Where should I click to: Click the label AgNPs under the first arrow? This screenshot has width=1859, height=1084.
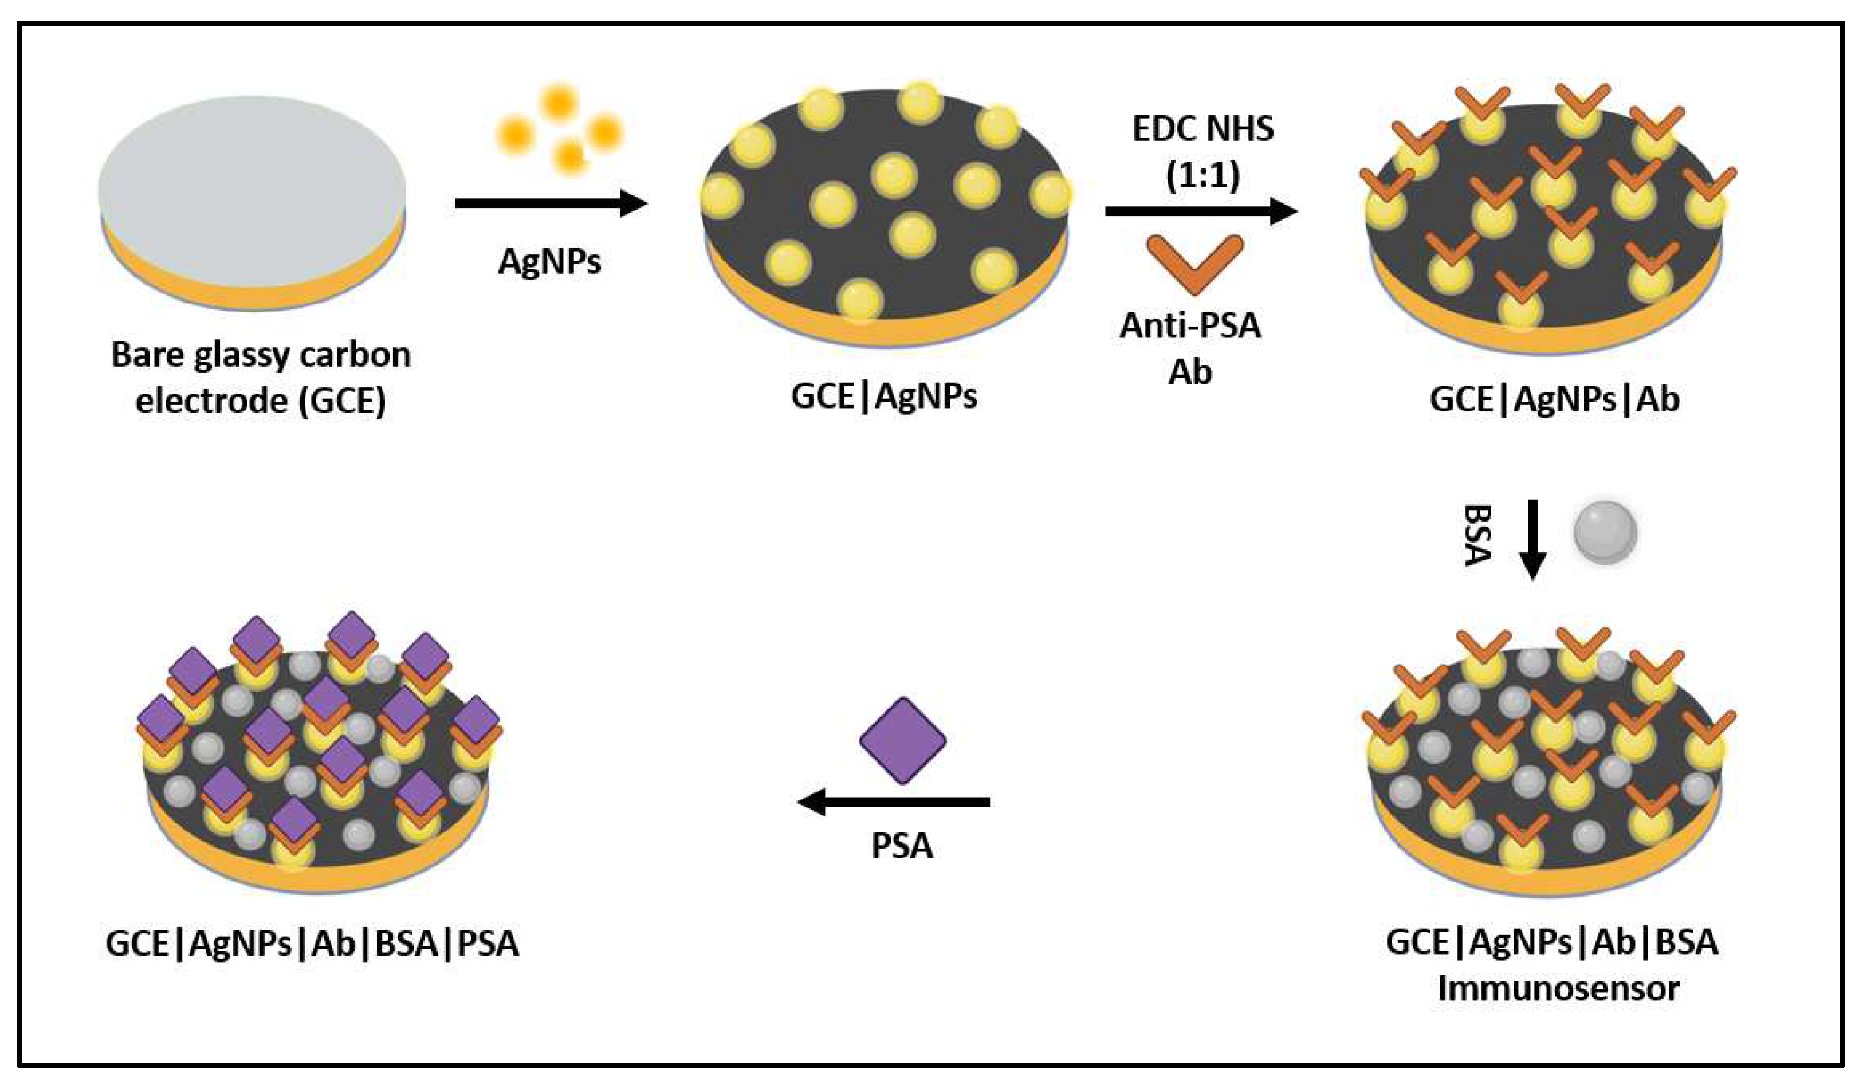pos(549,261)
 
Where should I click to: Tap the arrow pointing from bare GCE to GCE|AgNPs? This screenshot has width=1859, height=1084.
pos(549,203)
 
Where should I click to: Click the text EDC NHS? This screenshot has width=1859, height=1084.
pos(1202,129)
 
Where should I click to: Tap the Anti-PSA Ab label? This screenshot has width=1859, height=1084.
pos(1190,348)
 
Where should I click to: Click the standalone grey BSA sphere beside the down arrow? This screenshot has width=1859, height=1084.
pos(1605,533)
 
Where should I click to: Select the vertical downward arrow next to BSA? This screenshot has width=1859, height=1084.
pos(1532,539)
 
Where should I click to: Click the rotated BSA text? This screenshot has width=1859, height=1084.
pos(1477,535)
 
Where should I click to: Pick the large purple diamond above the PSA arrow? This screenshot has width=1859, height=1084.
pos(902,740)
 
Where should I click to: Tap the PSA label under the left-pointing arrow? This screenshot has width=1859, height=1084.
pos(902,846)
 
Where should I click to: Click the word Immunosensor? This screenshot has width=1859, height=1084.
pos(1558,988)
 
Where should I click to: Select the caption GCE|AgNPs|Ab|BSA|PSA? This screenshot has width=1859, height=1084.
pos(312,943)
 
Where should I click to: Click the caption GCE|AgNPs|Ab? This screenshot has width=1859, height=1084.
pos(1554,399)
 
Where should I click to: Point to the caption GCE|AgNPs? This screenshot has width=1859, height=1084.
pos(884,396)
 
